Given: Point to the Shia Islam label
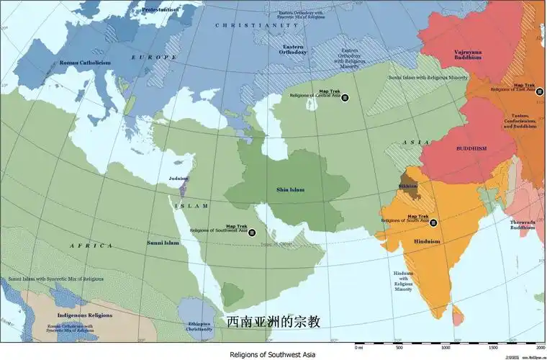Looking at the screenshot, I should (x=290, y=189).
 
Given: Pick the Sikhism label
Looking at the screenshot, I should (x=407, y=186).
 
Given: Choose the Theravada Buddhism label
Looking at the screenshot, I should (x=523, y=225).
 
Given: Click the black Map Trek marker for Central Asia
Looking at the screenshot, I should (x=345, y=97).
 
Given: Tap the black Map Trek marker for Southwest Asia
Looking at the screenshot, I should (x=251, y=232).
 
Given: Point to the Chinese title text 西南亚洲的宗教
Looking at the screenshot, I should (x=273, y=321).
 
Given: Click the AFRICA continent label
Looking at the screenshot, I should (x=91, y=246).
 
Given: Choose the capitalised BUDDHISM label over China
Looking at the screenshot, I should (x=471, y=148).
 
